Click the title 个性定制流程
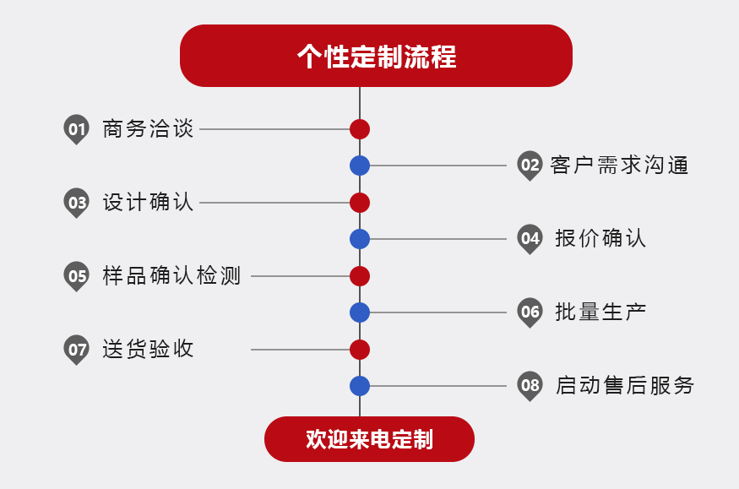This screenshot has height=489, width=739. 376,56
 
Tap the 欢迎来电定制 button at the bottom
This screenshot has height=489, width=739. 369,439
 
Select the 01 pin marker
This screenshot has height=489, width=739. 77,128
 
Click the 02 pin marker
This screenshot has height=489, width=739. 530,165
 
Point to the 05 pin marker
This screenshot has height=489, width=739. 77,275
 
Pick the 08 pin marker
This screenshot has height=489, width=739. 530,386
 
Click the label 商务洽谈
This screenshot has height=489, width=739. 148,129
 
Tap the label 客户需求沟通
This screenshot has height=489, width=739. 619,165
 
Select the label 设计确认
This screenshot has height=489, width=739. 148,203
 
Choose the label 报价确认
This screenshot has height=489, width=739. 600,238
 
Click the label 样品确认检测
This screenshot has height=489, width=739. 171,276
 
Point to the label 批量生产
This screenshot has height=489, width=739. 600,312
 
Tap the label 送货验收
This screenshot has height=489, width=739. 148,349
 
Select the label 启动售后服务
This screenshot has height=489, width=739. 624,386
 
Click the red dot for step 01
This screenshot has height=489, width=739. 360,129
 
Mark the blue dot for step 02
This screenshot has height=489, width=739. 360,166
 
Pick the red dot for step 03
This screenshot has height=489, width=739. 360,203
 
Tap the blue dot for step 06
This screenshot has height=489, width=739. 360,312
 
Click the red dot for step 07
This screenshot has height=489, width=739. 360,350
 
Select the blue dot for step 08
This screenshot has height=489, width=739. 360,386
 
